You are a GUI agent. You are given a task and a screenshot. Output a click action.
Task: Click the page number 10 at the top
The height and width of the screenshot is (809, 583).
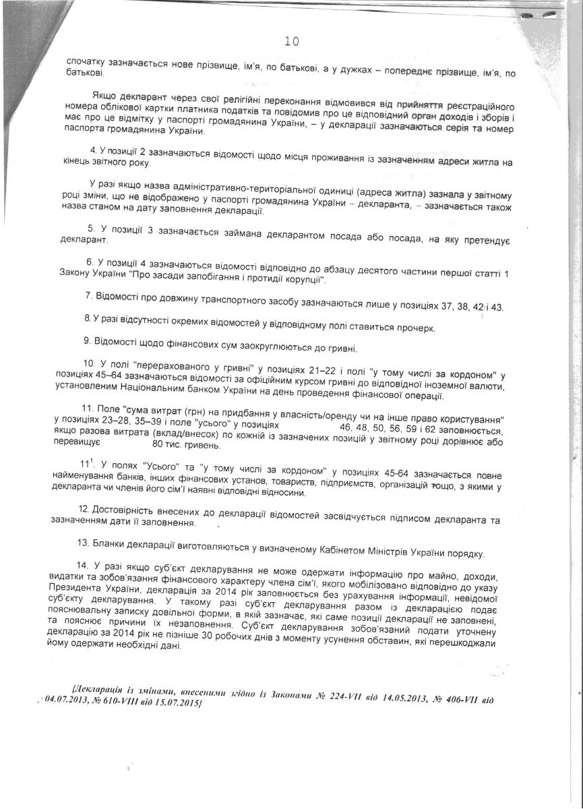point(292,42)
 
